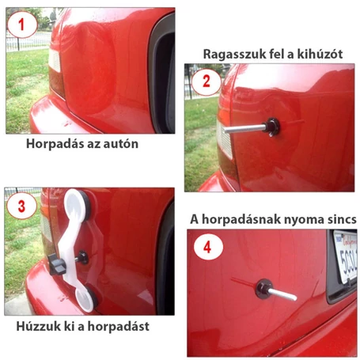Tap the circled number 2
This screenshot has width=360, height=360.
click(x=207, y=81)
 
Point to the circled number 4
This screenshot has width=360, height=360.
click(x=207, y=246)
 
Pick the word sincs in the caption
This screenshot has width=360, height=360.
click(x=339, y=218)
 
